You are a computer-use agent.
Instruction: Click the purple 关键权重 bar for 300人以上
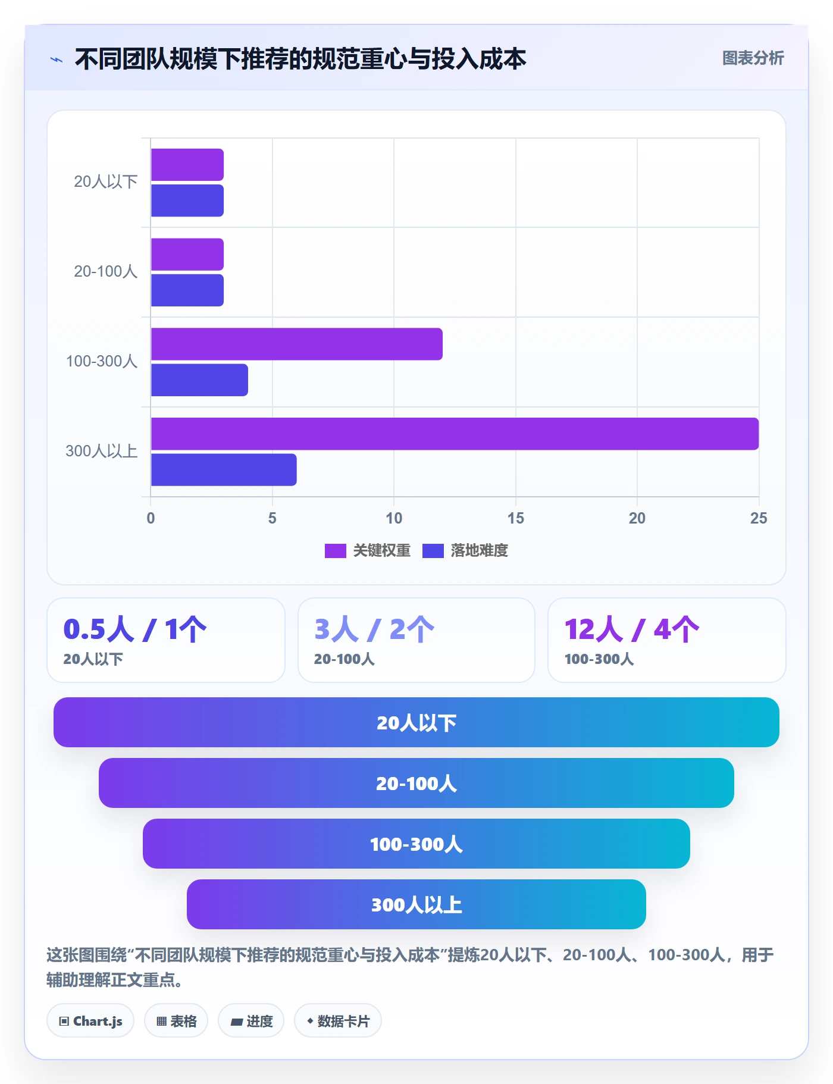click(455, 434)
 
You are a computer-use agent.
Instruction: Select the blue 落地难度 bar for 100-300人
click(199, 380)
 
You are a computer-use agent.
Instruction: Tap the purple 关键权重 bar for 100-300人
click(297, 344)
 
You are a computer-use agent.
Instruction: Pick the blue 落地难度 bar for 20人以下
click(187, 200)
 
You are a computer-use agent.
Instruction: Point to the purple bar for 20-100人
click(187, 255)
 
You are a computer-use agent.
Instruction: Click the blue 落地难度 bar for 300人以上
click(224, 470)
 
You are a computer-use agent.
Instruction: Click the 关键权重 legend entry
click(368, 550)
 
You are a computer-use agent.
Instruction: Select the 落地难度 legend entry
click(465, 550)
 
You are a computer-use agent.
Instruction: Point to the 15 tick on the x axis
click(516, 518)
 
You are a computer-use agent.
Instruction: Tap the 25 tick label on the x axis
click(759, 518)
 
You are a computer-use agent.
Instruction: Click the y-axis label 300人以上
click(102, 451)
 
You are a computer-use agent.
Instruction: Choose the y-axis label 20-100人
click(106, 271)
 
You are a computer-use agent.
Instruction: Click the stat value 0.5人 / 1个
click(135, 629)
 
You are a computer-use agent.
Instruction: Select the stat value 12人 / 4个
click(632, 629)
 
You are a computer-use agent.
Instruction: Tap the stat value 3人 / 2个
click(374, 629)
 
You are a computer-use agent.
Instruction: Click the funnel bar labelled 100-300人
click(416, 844)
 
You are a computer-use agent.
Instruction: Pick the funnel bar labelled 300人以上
click(416, 904)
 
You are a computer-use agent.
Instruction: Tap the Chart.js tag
click(90, 1021)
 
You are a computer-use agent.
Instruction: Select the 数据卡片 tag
click(338, 1021)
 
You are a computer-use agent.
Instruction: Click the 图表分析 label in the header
click(753, 58)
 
